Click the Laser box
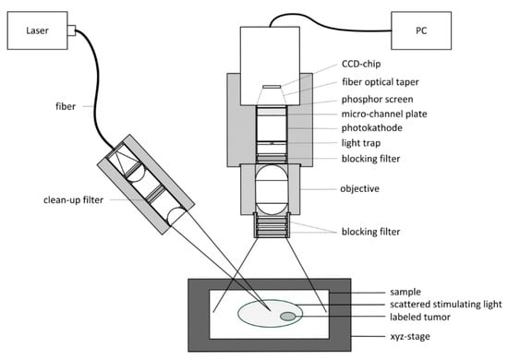(x=37, y=30)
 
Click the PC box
(x=421, y=30)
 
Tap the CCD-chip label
(x=361, y=64)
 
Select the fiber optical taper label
(x=381, y=82)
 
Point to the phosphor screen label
(x=378, y=99)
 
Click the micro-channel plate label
(x=384, y=114)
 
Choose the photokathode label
(x=372, y=127)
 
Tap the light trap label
(x=361, y=143)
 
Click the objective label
(x=359, y=188)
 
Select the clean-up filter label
(x=73, y=199)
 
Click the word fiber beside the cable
(x=66, y=106)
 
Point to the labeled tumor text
(x=420, y=317)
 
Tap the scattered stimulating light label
(x=446, y=305)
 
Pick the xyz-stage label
(x=410, y=336)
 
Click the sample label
(x=405, y=292)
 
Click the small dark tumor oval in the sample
(x=287, y=317)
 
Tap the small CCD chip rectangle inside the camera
(x=272, y=87)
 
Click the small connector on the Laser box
(x=72, y=30)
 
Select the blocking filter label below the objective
(x=370, y=232)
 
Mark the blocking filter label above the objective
(x=370, y=159)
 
